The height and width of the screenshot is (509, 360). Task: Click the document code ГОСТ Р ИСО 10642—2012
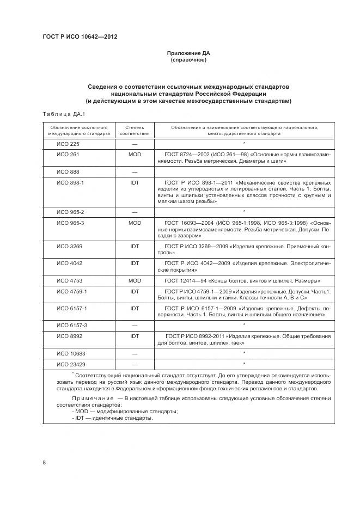click(x=80, y=37)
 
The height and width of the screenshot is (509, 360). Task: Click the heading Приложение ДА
click(x=188, y=53)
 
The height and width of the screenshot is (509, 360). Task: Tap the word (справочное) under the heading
click(x=188, y=60)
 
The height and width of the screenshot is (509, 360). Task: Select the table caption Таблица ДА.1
click(x=60, y=113)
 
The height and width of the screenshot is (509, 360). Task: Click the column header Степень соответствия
click(x=135, y=130)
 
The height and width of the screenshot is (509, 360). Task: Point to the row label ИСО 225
click(x=68, y=144)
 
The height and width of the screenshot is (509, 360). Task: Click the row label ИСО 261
click(x=68, y=155)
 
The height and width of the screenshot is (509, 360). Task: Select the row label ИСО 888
click(x=68, y=171)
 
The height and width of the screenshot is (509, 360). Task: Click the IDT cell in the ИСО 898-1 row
click(x=135, y=182)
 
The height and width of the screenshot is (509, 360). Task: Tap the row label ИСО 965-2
click(x=70, y=211)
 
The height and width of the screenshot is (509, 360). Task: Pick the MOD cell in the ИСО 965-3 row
click(x=135, y=223)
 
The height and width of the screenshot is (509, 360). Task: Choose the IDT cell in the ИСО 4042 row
click(x=135, y=263)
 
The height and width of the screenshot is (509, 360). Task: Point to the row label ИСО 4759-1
click(x=72, y=291)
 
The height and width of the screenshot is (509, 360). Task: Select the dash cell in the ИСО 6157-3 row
click(x=135, y=325)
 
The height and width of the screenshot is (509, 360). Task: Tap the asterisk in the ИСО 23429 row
click(x=244, y=363)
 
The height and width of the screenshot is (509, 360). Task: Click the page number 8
click(x=44, y=463)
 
